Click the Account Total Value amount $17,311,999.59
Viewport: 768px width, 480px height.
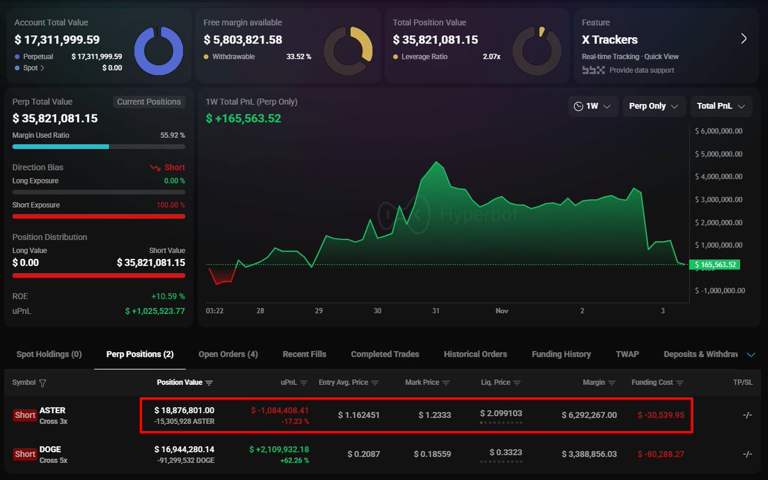[x=57, y=40]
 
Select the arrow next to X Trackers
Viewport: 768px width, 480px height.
[x=744, y=39]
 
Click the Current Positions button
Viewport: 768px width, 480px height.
[x=149, y=102]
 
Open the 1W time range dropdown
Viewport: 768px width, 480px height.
[x=592, y=106]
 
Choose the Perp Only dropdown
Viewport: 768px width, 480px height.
[x=653, y=106]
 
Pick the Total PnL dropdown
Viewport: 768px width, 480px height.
[x=720, y=106]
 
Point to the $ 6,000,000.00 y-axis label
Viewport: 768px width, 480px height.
[x=719, y=131]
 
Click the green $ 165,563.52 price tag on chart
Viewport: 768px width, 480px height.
[x=715, y=265]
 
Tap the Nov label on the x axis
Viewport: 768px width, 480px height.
[x=502, y=311]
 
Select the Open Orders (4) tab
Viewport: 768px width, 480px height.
[x=228, y=354]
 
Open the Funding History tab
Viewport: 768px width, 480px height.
[x=561, y=354]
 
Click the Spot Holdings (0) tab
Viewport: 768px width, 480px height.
[x=49, y=354]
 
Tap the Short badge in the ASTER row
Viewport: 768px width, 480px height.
[x=25, y=415]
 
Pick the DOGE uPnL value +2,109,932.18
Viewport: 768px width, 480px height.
[x=280, y=449]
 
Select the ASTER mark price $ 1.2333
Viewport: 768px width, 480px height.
[x=435, y=415]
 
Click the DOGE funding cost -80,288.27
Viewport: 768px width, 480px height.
[x=660, y=454]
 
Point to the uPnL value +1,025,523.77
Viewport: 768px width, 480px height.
[x=155, y=311]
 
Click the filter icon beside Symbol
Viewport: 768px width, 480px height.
[x=43, y=383]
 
